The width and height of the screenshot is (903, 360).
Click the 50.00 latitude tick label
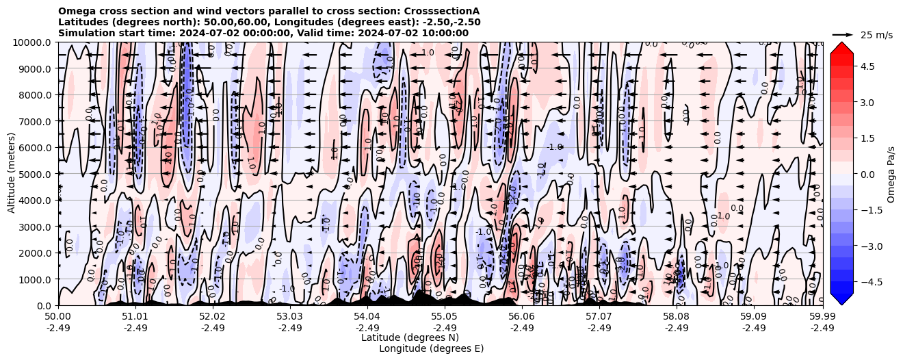pyautogui.click(x=58, y=317)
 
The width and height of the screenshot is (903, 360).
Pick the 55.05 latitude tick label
pyautogui.click(x=445, y=317)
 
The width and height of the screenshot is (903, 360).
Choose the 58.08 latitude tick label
pyautogui.click(x=677, y=317)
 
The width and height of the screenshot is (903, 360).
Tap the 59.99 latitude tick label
pyautogui.click(x=822, y=317)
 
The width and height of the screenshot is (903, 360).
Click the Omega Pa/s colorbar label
pyautogui.click(x=891, y=174)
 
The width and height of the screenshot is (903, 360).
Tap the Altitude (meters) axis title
pyautogui.click(x=12, y=174)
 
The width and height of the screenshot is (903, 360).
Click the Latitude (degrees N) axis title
pyautogui.click(x=410, y=337)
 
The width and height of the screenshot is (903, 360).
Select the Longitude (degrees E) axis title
pyautogui.click(x=431, y=348)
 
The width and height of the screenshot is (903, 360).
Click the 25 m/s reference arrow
pyautogui.click(x=843, y=34)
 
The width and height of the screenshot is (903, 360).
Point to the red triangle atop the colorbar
pyautogui.click(x=841, y=47)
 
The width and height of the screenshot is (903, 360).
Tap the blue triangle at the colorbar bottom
pyautogui.click(x=841, y=299)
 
